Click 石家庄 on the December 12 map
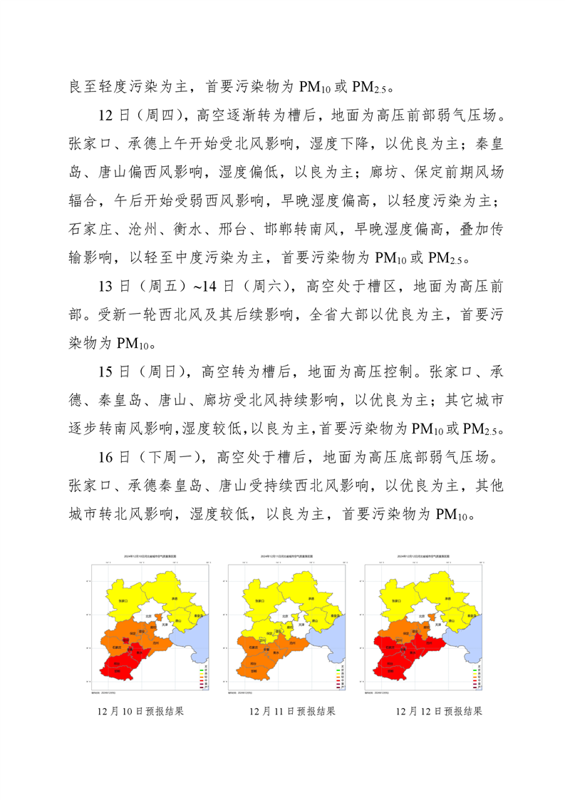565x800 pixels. pos(390,647)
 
